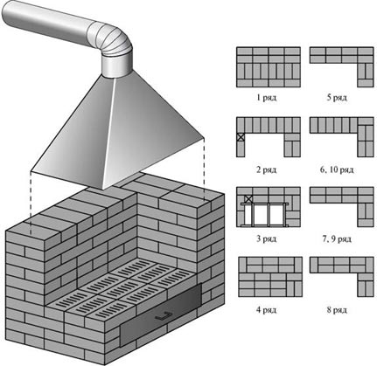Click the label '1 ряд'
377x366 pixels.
coord(266,98)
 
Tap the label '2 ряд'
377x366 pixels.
coord(266,169)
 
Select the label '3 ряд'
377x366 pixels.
coord(266,239)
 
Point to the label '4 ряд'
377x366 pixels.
coord(266,309)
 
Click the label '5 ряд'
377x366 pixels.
coord(337,98)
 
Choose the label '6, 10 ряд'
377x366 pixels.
coord(337,169)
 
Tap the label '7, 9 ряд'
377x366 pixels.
coord(337,239)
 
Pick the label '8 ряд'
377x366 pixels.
coord(337,309)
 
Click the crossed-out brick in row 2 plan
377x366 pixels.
coord(241,137)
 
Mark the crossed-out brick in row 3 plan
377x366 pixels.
coord(248,199)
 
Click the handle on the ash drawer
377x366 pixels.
coord(163,315)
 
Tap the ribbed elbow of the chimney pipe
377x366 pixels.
coord(112,38)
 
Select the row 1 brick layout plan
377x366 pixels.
coord(269,67)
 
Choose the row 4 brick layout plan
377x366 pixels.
coord(270,277)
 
